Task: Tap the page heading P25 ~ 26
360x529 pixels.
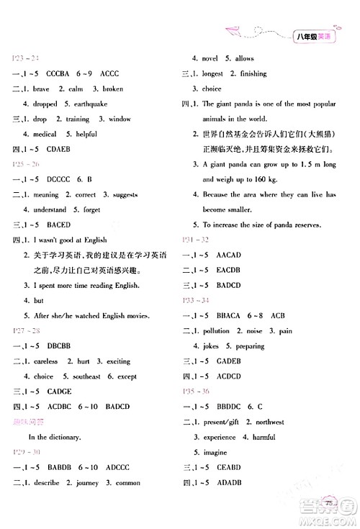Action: [22, 164]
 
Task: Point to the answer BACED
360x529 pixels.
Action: [58, 225]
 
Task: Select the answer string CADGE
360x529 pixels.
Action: [58, 392]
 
